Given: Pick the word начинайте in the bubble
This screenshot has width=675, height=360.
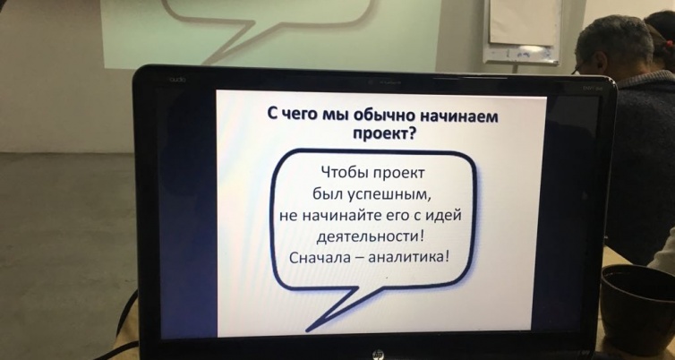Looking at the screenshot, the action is click(332, 215).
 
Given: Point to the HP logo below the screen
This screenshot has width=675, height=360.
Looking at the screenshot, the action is click(378, 355).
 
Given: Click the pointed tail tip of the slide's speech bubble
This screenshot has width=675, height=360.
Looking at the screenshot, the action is click(307, 330).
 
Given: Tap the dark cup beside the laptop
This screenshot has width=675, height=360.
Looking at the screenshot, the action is click(638, 309).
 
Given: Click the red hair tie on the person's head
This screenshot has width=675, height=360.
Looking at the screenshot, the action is click(669, 44).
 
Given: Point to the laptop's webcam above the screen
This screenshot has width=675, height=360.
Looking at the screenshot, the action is click(370, 81).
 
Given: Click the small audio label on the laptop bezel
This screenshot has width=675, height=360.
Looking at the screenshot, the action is click(176, 80).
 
